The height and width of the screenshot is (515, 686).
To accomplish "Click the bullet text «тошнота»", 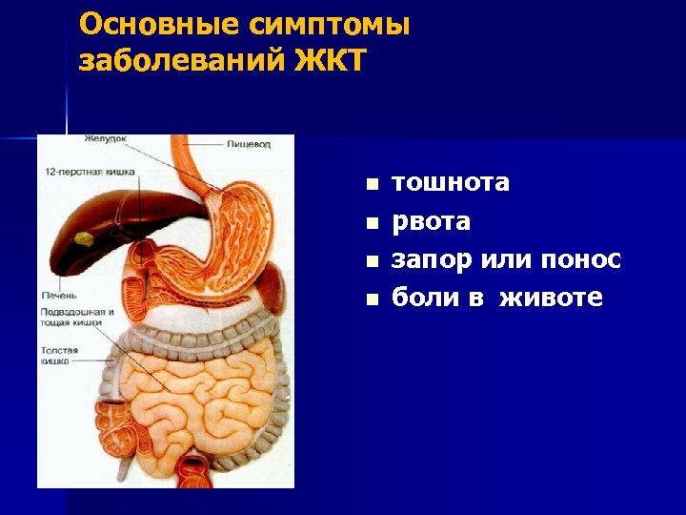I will coord(451,183).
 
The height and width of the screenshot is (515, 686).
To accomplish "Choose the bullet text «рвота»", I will coord(432,222).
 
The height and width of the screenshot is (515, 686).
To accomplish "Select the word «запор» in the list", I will coord(432,260).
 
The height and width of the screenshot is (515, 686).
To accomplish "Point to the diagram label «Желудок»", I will coord(105,139).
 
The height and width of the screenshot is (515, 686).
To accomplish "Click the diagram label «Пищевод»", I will coord(249,144).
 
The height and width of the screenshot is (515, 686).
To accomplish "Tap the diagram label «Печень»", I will coord(58,295).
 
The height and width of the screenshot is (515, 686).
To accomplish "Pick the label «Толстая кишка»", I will coord(59,356).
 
